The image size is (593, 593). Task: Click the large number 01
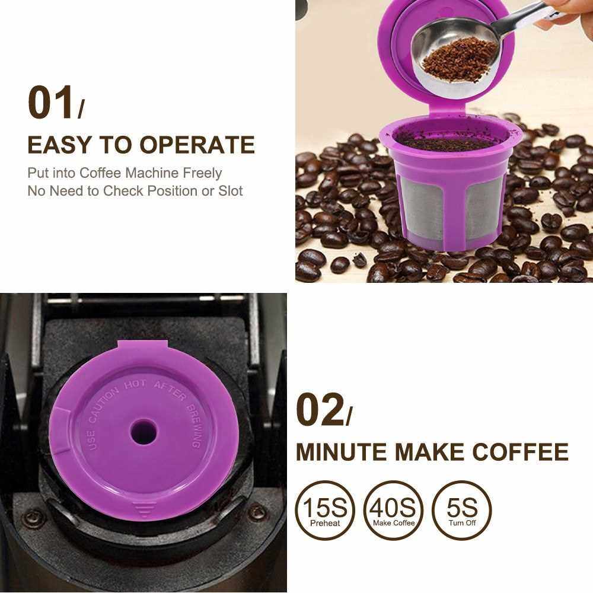(x=50, y=103)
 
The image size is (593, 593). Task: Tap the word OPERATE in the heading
(x=197, y=145)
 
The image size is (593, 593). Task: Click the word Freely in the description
(x=202, y=173)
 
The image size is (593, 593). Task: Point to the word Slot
(x=230, y=191)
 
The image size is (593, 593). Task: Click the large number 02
(x=320, y=410)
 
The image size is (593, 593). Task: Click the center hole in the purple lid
(x=144, y=432)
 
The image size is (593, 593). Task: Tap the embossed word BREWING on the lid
(x=196, y=426)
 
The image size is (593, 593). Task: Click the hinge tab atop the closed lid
(x=142, y=346)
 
